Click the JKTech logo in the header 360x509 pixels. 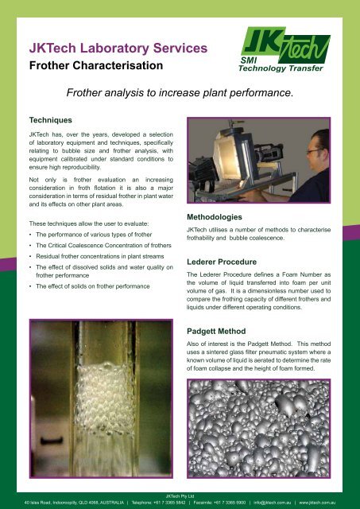point(285,49)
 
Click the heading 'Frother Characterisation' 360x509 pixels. point(96,65)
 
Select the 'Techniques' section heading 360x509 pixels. point(51,120)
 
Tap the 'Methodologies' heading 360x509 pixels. point(215,217)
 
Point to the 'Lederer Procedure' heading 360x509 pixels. point(222,262)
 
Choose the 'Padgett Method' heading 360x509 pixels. point(216,332)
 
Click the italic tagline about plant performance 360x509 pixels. point(180,93)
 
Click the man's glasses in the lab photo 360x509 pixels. point(315,151)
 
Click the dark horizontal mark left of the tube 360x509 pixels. point(52,441)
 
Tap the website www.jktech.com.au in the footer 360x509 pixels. point(317,503)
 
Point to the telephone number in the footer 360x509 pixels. point(159,503)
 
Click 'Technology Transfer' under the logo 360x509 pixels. point(281,68)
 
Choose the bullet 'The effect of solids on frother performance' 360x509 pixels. point(93,286)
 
